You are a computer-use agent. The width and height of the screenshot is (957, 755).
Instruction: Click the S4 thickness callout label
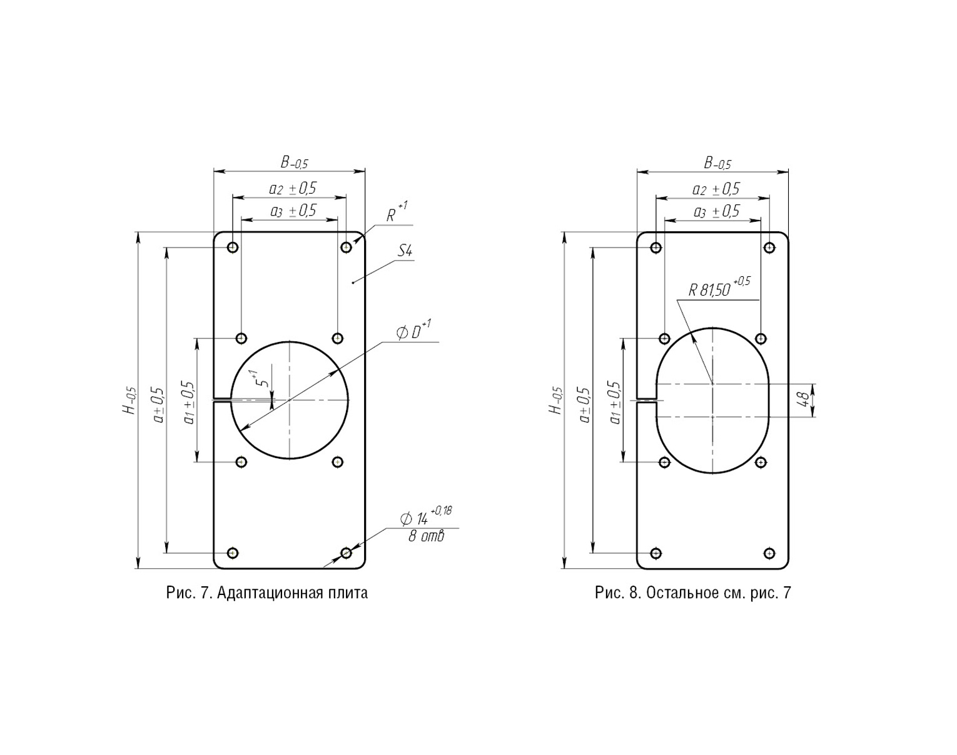point(404,252)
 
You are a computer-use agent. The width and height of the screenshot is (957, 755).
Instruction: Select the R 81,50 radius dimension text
point(719,288)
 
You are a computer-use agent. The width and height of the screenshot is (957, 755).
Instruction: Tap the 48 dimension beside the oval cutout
point(803,400)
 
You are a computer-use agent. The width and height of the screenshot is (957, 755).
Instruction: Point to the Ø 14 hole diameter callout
point(426,516)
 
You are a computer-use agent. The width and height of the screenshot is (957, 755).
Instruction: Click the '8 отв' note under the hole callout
point(426,536)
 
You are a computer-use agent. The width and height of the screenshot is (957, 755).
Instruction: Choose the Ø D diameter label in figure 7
point(413,331)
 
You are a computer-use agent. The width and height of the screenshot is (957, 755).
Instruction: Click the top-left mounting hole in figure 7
point(233,247)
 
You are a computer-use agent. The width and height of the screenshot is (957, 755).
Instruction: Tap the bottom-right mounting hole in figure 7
point(346,552)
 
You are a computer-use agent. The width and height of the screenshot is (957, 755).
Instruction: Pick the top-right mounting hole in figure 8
point(769,247)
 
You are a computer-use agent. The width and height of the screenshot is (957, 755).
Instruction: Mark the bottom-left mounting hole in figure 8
point(656,553)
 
